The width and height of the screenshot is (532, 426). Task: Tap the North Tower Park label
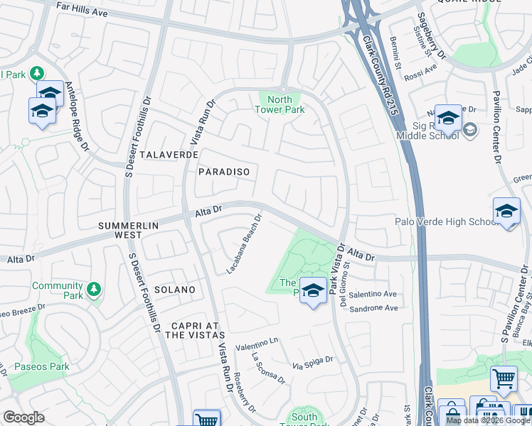coord(280,104)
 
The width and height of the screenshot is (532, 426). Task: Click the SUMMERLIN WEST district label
coord(129,230)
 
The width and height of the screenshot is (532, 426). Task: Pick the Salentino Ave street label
coord(371,294)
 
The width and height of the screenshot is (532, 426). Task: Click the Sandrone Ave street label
coord(371,308)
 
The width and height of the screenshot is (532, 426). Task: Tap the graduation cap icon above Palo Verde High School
coord(506,211)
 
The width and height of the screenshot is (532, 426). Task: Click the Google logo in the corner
coord(23,417)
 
